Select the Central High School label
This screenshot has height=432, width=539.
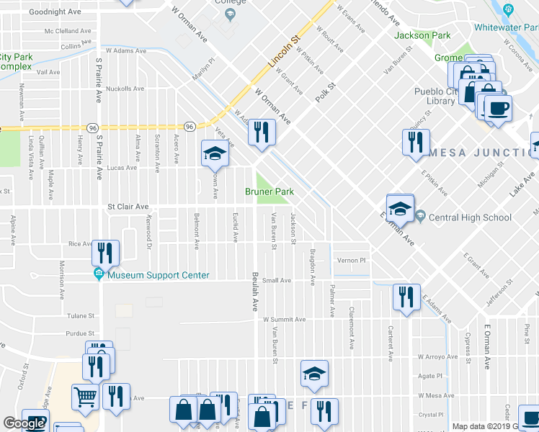(x=480, y=217)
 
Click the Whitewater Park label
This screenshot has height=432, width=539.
(x=506, y=27)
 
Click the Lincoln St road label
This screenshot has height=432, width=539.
(x=283, y=51)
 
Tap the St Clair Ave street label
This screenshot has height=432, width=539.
(x=128, y=207)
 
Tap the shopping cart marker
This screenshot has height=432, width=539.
(x=85, y=397)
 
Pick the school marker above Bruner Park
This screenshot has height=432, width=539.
(x=214, y=154)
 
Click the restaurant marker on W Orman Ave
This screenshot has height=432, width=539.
(x=262, y=132)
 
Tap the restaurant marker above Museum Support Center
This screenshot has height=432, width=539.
(x=105, y=253)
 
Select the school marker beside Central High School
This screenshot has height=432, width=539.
(x=399, y=209)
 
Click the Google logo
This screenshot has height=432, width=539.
(x=24, y=423)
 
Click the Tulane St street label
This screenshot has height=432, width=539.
(x=81, y=315)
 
